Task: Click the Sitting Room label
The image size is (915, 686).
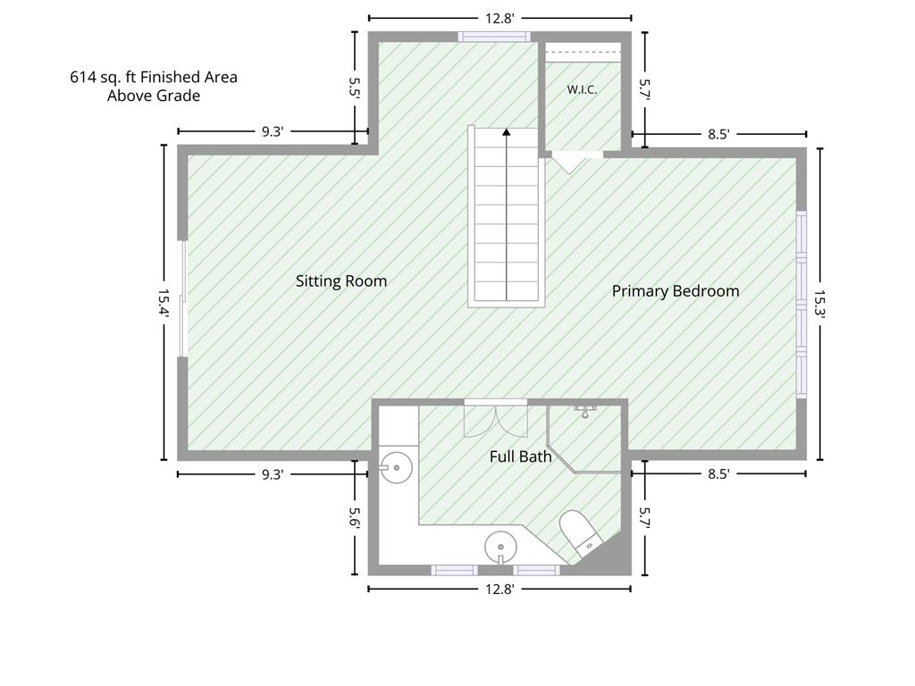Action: click(x=341, y=281)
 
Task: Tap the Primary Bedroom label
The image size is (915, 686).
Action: click(x=676, y=291)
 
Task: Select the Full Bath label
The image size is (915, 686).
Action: click(x=521, y=456)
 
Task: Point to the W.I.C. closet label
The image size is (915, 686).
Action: click(x=582, y=90)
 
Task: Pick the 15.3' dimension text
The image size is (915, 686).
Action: click(x=820, y=304)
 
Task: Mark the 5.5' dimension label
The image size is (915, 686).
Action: click(x=354, y=88)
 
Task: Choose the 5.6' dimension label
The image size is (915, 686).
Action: click(x=354, y=517)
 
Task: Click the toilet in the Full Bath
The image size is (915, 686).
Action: click(x=580, y=533)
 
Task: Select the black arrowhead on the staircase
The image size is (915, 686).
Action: click(x=507, y=132)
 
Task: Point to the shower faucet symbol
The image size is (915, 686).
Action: click(x=584, y=411)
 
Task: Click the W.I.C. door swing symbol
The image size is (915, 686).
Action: click(x=569, y=163)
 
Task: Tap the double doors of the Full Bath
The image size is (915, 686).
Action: click(x=496, y=419)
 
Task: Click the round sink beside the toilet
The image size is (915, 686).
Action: click(x=500, y=548)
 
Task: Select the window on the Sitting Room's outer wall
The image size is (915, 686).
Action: click(x=182, y=298)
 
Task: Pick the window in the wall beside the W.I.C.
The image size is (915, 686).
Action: click(x=494, y=37)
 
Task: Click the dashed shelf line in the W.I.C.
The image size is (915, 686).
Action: click(x=582, y=53)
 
